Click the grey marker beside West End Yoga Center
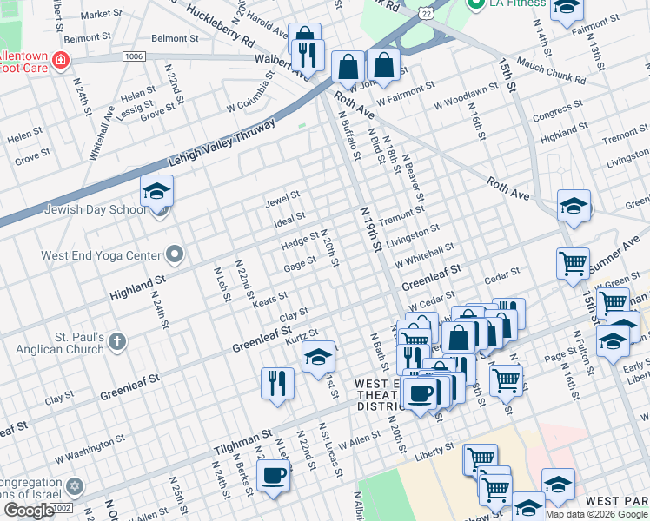point(175,255)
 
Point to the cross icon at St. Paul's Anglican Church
point(118,340)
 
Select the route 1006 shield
point(133,56)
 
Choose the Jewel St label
point(282,199)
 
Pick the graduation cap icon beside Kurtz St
point(318,356)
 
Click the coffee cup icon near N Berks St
point(274,477)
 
